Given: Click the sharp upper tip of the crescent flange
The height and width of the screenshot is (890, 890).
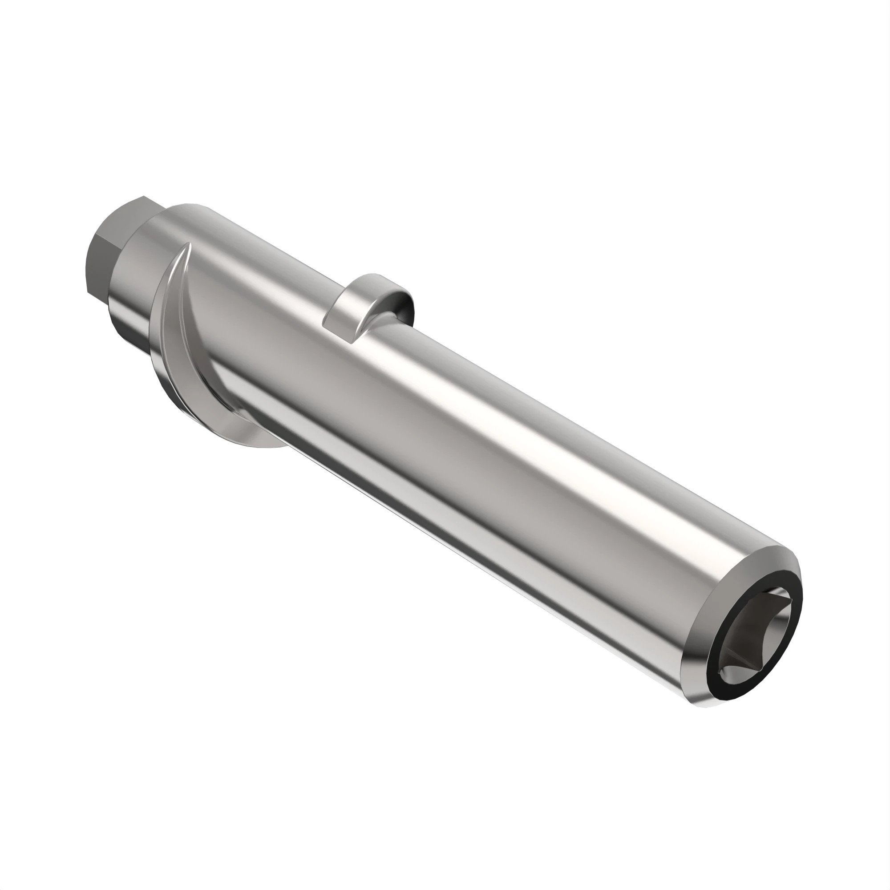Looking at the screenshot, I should coord(188,244).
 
